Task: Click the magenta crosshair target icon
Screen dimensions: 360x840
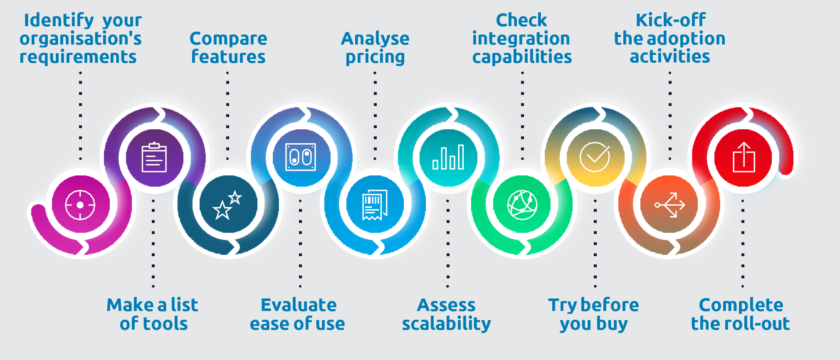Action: pos(80,205)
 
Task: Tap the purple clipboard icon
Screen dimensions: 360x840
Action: pos(154,158)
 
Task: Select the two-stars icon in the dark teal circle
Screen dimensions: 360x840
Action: pos(227,205)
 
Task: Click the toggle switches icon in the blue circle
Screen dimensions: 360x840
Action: pos(301,157)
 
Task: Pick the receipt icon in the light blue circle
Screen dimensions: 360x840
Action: pos(375,205)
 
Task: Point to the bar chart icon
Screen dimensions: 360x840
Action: pos(448,157)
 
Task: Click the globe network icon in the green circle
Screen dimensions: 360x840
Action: pos(522,205)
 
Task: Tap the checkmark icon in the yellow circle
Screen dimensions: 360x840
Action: pos(595,157)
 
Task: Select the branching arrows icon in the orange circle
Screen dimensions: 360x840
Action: pos(670,205)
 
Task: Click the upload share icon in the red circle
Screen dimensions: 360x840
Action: pos(744,157)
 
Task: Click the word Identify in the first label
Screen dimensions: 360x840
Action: pos(59,20)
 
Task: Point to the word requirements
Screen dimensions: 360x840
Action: pos(78,57)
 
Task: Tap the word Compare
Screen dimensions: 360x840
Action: pos(228,39)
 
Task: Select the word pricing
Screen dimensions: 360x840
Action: pos(375,57)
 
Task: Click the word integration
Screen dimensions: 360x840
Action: pos(521,39)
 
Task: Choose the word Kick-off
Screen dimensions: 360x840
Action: pos(670,20)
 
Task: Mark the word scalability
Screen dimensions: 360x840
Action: pos(446,324)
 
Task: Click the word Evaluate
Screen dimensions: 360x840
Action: pos(299,305)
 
